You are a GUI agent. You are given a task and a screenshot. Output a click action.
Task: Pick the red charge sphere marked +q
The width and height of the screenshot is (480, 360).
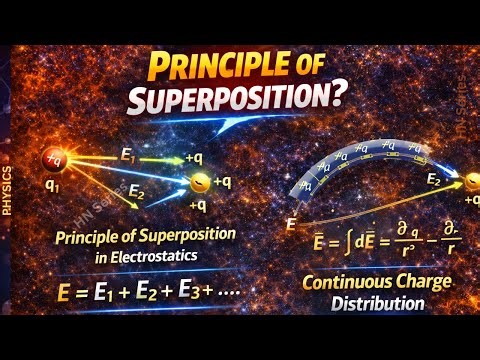click(53, 158)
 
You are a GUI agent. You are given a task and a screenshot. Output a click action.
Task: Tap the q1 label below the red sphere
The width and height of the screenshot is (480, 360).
click(51, 188)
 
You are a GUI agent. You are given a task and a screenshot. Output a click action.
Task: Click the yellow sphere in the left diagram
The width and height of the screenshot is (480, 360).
click(200, 182)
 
